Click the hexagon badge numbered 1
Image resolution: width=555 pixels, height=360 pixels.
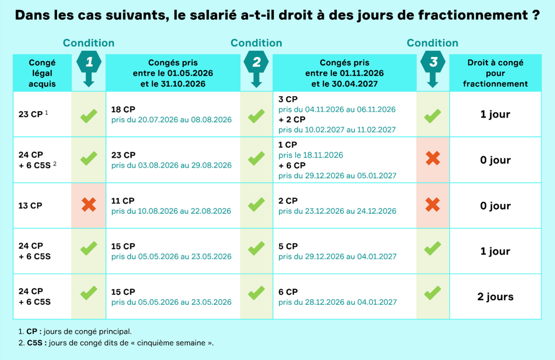(89, 63)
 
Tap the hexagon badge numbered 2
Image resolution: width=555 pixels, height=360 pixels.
(256, 63)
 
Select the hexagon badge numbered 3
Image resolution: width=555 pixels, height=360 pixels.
(433, 63)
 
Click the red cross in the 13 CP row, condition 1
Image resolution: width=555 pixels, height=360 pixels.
(89, 205)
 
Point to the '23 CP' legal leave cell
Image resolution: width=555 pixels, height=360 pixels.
(31, 114)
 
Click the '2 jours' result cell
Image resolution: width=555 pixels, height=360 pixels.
(495, 297)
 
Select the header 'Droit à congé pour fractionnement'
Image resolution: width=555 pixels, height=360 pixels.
(495, 73)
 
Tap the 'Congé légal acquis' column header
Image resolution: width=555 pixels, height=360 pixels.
(42, 73)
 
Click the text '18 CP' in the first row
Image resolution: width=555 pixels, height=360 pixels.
(123, 109)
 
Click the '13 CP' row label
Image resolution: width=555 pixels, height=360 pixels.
(31, 206)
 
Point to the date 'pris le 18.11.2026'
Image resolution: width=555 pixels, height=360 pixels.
(311, 155)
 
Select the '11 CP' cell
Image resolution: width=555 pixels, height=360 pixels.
(123, 201)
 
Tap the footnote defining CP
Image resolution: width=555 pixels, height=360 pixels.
(75, 331)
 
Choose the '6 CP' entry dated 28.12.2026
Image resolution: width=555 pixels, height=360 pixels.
(288, 292)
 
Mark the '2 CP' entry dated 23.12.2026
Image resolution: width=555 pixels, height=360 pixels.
(288, 201)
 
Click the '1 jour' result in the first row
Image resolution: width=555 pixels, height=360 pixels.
(495, 114)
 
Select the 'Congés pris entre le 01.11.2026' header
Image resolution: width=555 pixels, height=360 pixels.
(345, 73)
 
